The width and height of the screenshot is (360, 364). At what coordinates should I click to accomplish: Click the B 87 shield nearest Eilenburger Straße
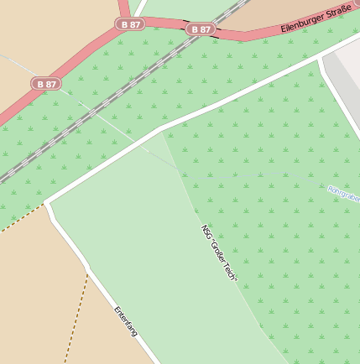click(201, 29)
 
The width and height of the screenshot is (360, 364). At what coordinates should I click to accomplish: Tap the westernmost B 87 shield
click(47, 84)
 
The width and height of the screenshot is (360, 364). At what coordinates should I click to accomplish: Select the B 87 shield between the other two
click(131, 25)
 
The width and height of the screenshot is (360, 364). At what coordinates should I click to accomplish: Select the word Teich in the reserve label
click(232, 271)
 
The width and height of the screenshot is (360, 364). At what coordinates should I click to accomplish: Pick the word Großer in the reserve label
click(219, 251)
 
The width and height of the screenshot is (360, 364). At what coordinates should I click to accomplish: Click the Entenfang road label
click(125, 321)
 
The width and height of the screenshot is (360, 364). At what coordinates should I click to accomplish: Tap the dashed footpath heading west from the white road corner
click(21, 217)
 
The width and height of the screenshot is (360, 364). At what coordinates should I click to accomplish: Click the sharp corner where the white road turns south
click(48, 202)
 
